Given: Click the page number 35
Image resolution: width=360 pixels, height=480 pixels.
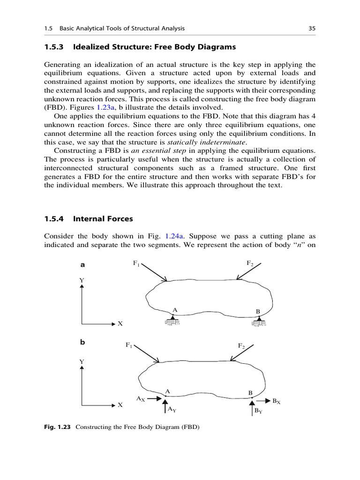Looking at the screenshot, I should (x=312, y=29).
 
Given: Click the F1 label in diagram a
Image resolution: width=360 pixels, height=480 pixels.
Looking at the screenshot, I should (x=136, y=264).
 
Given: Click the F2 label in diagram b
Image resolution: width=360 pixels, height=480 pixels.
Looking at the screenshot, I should (x=241, y=346).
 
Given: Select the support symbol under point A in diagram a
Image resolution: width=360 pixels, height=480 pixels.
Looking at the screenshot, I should (x=173, y=322).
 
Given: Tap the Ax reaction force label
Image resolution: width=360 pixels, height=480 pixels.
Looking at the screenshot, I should (x=141, y=399).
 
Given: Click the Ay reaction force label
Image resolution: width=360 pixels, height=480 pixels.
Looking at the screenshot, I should (x=172, y=410).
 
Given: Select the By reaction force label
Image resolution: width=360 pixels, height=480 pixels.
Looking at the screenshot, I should (x=258, y=411).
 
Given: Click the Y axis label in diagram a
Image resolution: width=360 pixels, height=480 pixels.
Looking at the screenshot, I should (x=82, y=280).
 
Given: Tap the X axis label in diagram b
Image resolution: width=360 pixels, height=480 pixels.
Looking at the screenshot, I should (x=120, y=405).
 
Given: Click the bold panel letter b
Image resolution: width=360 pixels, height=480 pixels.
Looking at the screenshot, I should (x=82, y=343).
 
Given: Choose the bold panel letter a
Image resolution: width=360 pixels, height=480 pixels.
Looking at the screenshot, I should (x=82, y=264).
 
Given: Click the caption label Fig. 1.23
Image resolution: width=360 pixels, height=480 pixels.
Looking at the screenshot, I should (x=58, y=427).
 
